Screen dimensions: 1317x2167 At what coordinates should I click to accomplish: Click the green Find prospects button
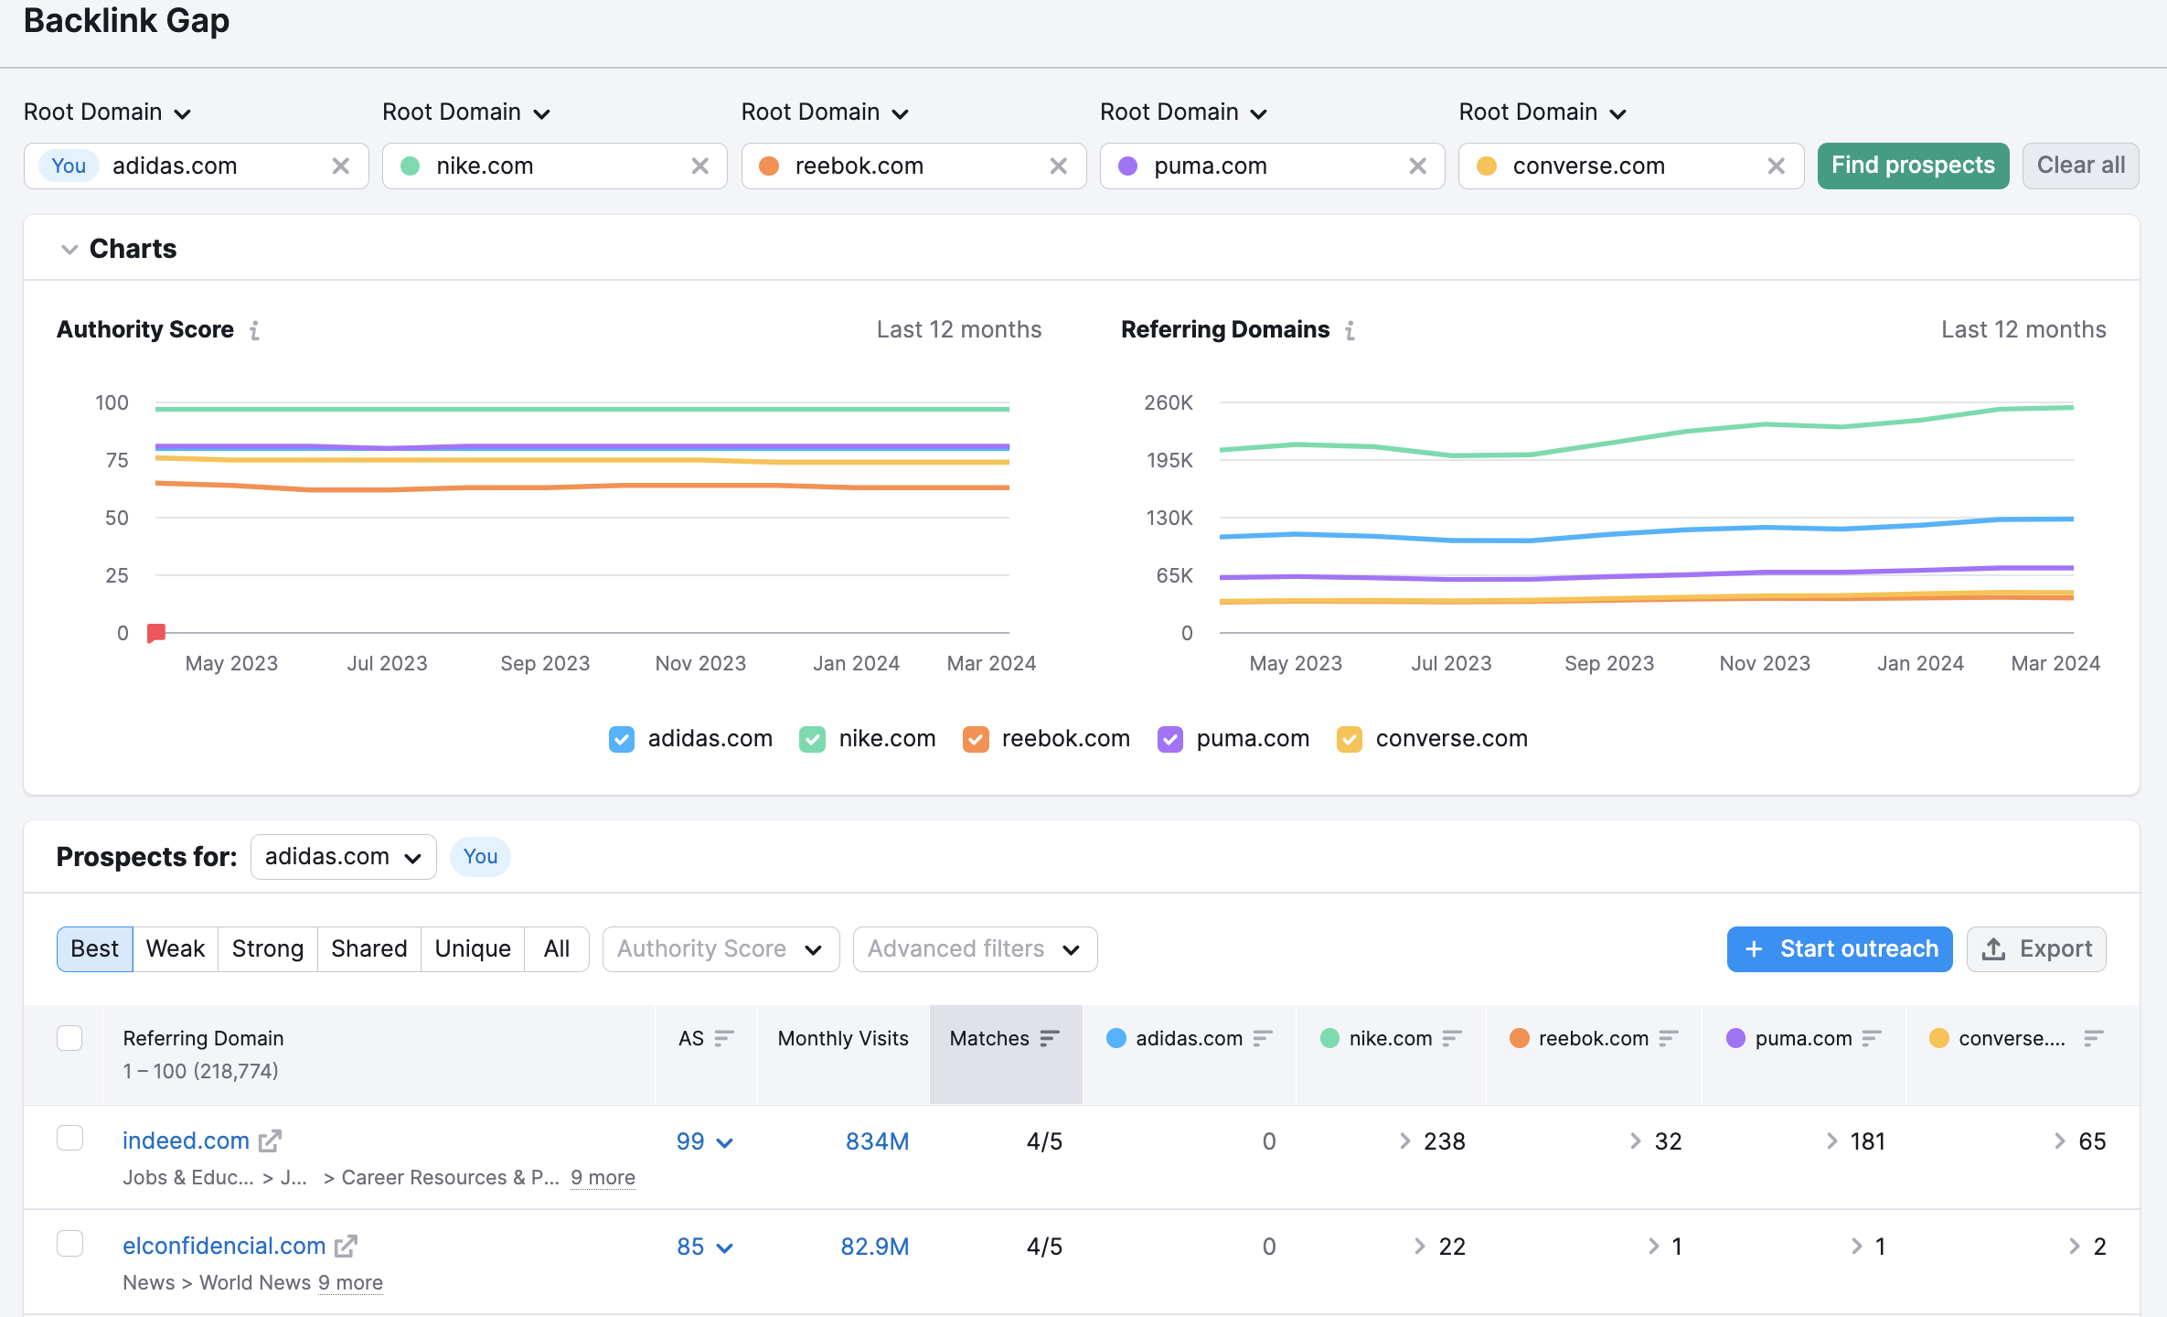1912,166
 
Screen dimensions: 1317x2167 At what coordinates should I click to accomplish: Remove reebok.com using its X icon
1058,166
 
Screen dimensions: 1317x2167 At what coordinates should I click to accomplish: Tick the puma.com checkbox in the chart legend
1169,739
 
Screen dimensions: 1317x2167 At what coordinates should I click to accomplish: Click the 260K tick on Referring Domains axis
1168,402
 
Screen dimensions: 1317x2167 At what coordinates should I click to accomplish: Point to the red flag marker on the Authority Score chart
156,632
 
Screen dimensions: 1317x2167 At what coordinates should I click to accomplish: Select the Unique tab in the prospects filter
472,948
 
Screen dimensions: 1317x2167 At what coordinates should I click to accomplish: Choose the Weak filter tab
175,948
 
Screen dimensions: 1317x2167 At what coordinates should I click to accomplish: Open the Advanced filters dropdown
974,948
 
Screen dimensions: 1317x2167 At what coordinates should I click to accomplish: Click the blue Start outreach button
1839,948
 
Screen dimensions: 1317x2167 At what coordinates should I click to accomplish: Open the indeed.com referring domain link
187,1140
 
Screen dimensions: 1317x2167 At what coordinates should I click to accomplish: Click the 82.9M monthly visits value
874,1247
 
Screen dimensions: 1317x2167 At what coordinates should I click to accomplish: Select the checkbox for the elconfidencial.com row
70,1244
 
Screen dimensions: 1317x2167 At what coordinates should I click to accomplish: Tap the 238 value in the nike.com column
1444,1141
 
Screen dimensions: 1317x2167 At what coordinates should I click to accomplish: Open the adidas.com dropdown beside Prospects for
343,857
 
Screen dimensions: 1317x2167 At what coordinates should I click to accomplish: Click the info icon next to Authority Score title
255,330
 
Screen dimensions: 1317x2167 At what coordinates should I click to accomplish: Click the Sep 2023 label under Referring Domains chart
1608,663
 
